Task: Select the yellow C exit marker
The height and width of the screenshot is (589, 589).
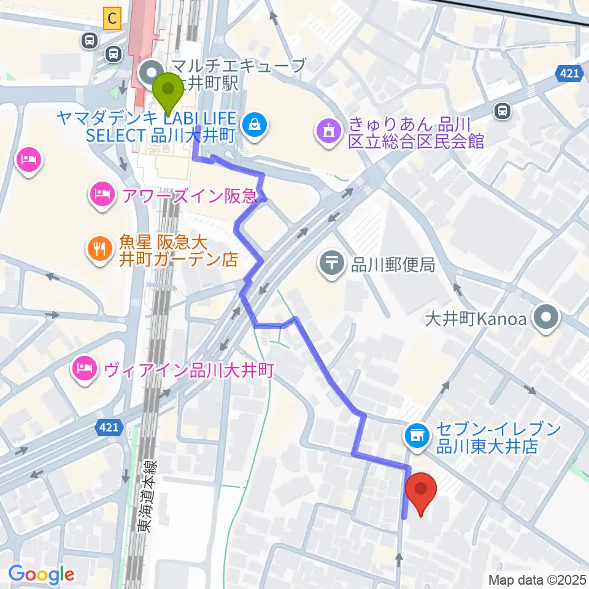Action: coord(111,19)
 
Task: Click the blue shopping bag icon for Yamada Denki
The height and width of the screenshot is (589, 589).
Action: coord(253,125)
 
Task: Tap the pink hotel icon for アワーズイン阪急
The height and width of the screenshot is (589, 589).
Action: coord(101,196)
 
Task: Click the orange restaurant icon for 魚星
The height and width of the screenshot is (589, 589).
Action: coord(98,248)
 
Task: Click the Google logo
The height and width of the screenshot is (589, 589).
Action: coord(41,574)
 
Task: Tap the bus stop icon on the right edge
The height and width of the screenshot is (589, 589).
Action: coord(502,111)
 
